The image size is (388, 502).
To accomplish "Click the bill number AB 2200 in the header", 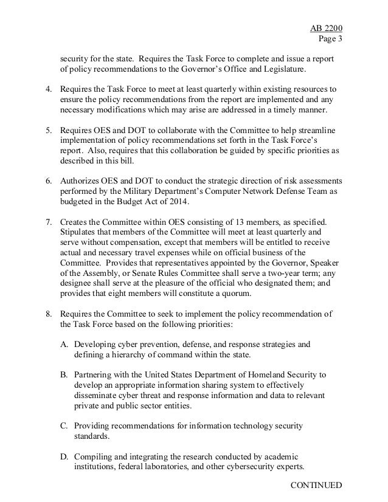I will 327,11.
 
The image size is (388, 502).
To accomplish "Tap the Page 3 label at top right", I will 330,22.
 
